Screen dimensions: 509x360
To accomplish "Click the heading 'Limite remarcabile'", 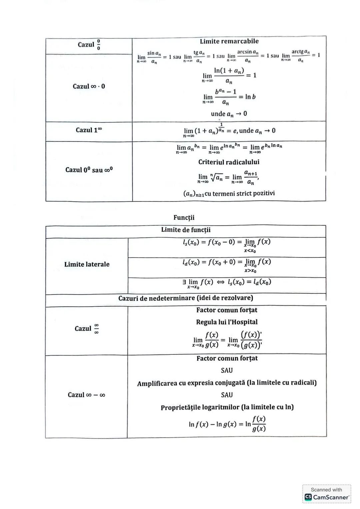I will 229,41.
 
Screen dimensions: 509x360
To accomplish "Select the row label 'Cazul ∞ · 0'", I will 89,86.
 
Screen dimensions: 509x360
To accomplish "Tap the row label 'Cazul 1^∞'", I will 88,130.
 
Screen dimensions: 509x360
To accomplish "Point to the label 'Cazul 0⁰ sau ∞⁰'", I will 89,170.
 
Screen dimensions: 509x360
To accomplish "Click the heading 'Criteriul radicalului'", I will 229,162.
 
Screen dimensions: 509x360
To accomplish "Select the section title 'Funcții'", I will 184,218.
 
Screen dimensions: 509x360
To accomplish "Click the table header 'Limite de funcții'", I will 186,230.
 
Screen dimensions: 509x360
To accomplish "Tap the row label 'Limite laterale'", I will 87,264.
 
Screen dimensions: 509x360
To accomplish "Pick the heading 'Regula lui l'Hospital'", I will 227,322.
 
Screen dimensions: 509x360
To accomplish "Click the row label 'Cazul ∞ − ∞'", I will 86,395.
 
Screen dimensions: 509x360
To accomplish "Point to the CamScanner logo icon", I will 308,497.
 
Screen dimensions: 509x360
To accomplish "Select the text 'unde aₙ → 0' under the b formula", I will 229,114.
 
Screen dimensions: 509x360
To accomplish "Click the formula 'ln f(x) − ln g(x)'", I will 227,424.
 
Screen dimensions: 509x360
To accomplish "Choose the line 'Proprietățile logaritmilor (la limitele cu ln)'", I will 227,407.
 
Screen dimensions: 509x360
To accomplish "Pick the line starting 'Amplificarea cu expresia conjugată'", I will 227,383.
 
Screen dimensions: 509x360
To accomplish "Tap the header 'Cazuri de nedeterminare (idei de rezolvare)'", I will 186,298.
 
